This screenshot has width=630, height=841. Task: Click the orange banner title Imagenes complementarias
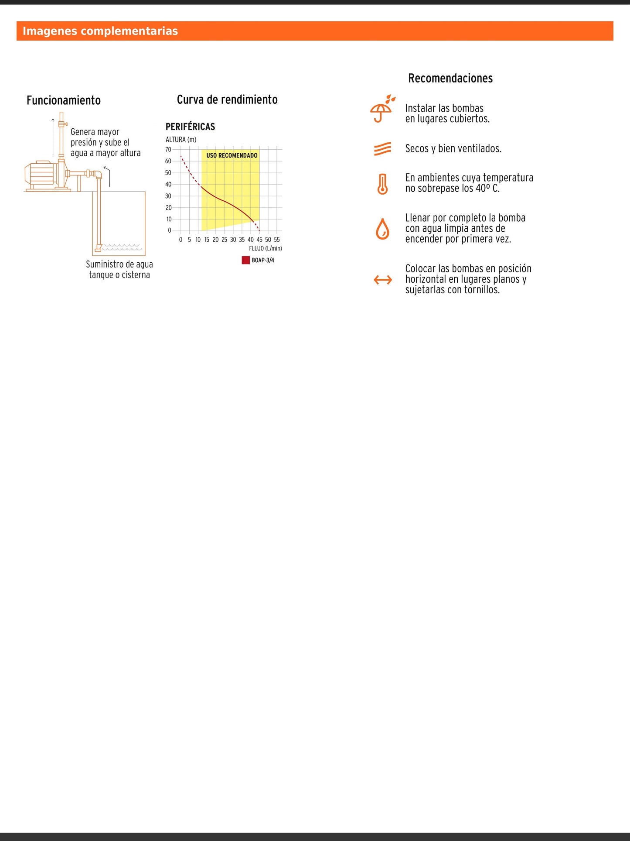(x=100, y=31)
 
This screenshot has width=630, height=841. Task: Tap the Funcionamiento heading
(x=64, y=100)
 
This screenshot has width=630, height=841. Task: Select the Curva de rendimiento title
(x=227, y=100)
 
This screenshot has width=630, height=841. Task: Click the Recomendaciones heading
(x=450, y=79)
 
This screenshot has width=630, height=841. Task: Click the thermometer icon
(x=382, y=184)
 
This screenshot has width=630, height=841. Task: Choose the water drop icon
(x=382, y=229)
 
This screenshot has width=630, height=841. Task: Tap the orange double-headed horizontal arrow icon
(x=383, y=280)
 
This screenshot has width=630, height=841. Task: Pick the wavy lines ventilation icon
(x=382, y=149)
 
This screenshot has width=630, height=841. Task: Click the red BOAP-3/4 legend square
(x=245, y=260)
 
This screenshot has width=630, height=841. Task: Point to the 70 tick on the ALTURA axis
(x=168, y=150)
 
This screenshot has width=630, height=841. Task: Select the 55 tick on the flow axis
(x=277, y=240)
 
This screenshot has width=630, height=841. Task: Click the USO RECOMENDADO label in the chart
(x=232, y=155)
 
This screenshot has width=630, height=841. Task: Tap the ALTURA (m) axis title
(x=181, y=140)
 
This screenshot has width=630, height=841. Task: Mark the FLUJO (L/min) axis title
(x=266, y=248)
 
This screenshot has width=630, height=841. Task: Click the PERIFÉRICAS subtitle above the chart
(x=190, y=127)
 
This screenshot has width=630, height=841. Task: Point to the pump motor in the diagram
(x=41, y=175)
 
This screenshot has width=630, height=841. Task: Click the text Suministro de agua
(x=119, y=264)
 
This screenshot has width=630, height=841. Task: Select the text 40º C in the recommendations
(x=487, y=189)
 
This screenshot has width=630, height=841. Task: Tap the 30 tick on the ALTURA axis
(x=168, y=196)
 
